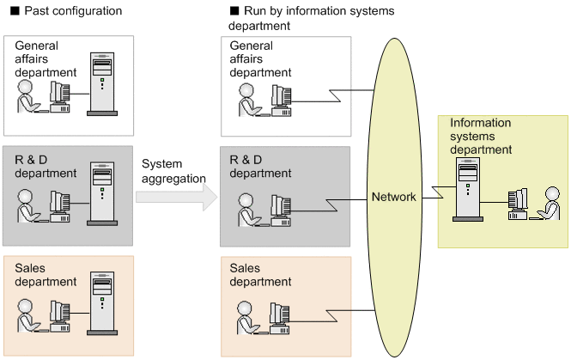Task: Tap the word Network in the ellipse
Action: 393,197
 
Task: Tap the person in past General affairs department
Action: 27,97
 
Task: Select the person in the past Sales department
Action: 27,317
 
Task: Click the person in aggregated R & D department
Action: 245,211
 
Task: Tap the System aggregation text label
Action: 173,170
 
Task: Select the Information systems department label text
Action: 480,136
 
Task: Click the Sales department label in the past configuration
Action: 45,275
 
